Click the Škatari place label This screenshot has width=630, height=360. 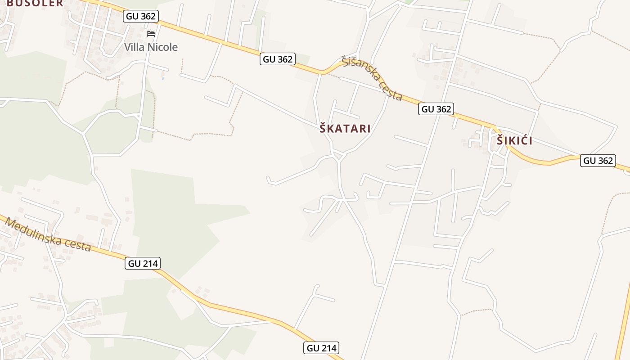[345, 129]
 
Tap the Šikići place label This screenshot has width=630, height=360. [514, 140]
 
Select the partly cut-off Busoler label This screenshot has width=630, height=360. [35, 3]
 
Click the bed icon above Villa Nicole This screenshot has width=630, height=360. [151, 34]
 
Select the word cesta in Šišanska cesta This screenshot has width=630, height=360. [391, 92]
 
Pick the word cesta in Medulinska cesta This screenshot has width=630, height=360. [79, 245]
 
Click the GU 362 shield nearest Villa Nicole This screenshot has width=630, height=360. [141, 16]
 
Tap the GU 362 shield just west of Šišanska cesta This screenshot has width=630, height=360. [278, 59]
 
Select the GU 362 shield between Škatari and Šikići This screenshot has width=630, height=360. [436, 109]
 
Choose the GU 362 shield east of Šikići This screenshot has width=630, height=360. [598, 161]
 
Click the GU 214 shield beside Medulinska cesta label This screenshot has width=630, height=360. [143, 264]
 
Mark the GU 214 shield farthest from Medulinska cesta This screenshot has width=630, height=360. [321, 348]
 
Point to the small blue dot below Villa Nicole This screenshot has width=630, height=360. [162, 79]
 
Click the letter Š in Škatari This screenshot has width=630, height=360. [323, 128]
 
